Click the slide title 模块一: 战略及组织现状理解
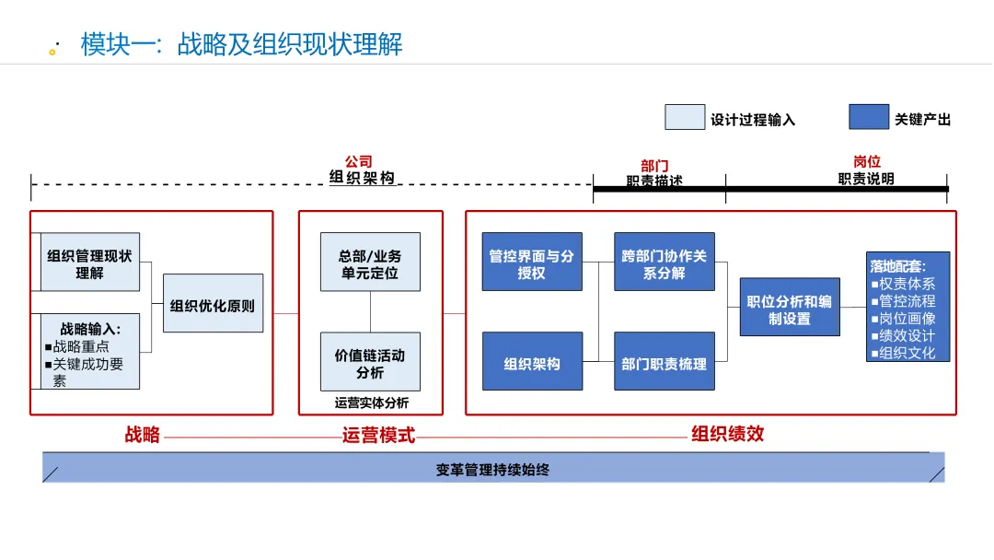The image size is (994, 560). [x=241, y=44]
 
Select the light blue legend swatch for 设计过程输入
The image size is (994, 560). [x=685, y=118]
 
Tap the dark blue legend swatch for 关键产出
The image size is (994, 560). [x=868, y=118]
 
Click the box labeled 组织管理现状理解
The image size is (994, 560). [x=89, y=262]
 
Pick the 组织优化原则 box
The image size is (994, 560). [x=213, y=304]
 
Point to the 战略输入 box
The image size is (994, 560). [x=89, y=352]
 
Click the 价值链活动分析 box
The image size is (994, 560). [x=370, y=362]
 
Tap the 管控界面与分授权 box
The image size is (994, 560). [x=532, y=262]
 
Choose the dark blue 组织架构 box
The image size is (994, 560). [x=532, y=362]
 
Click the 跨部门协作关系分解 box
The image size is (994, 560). [x=665, y=262]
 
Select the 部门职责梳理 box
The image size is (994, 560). [x=665, y=362]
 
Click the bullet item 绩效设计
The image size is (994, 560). [x=906, y=336]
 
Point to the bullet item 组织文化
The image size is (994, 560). [x=906, y=353]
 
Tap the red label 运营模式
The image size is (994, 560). [x=378, y=436]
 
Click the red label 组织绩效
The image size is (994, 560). [x=727, y=434]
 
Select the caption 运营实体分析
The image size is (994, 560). [x=371, y=402]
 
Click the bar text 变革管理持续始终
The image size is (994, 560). [x=492, y=470]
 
